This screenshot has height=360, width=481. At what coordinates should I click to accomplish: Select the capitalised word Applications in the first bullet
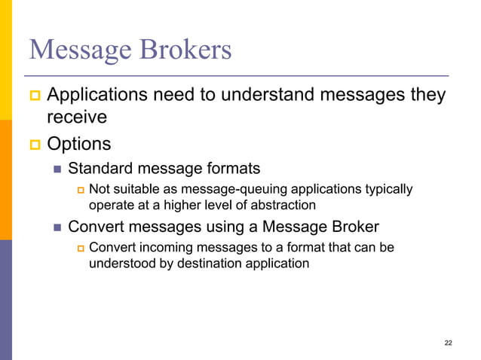[99, 97]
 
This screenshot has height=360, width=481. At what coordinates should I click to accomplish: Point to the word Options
[78, 143]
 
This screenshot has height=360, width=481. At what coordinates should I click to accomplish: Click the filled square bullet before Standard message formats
[57, 168]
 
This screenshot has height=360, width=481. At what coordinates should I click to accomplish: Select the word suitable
[134, 188]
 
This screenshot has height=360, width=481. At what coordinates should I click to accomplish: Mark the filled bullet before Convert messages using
[57, 227]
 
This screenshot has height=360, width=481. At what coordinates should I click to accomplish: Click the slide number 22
[448, 343]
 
